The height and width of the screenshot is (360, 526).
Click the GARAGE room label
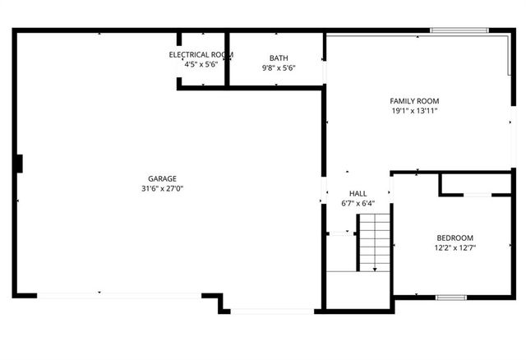coord(162,178)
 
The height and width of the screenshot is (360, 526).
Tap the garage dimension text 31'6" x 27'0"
coord(162,188)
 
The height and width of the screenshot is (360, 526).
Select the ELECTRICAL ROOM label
coord(201,54)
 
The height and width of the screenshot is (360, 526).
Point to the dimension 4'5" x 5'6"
coord(201,64)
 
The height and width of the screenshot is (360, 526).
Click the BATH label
coord(278,58)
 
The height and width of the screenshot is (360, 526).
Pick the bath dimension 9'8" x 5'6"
coord(278,68)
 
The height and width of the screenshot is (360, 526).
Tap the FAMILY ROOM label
coord(414,101)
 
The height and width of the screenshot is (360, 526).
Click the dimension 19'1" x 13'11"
coord(414,111)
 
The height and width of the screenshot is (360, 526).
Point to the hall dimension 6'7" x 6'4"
coord(358,203)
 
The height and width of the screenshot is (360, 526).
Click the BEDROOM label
coord(455,238)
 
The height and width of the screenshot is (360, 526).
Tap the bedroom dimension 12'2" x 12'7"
coord(455,247)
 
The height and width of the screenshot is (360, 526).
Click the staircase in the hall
coord(374,242)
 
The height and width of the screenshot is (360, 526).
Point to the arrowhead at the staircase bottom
coord(375,270)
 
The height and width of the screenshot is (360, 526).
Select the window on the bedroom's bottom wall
coord(451,297)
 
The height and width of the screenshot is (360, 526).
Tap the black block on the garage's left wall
coord(17,164)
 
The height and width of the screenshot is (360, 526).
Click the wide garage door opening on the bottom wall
coord(119,294)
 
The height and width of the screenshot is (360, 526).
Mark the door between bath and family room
coord(325,72)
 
